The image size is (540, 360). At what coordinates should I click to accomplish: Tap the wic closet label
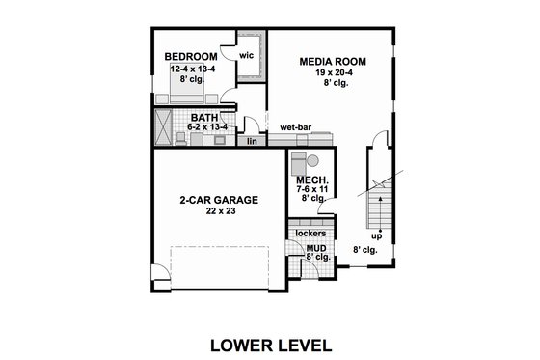(246, 55)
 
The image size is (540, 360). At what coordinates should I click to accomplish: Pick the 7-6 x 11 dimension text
(314, 190)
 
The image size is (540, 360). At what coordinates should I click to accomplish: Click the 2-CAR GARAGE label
(217, 200)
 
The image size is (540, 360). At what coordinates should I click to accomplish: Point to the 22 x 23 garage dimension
(217, 212)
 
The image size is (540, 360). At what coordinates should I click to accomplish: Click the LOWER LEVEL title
(270, 344)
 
